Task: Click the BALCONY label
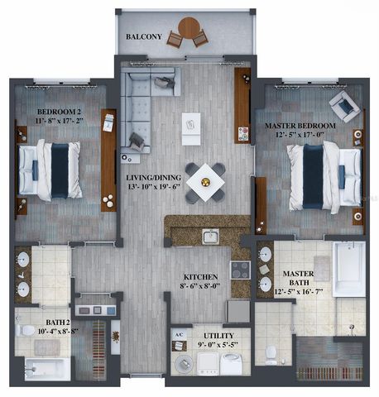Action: [x=142, y=38]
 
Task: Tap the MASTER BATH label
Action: [x=297, y=274]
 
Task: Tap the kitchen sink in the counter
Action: [x=210, y=237]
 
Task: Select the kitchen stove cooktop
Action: [x=239, y=270]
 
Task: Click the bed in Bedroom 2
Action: [x=50, y=169]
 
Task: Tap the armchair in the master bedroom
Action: [x=343, y=107]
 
